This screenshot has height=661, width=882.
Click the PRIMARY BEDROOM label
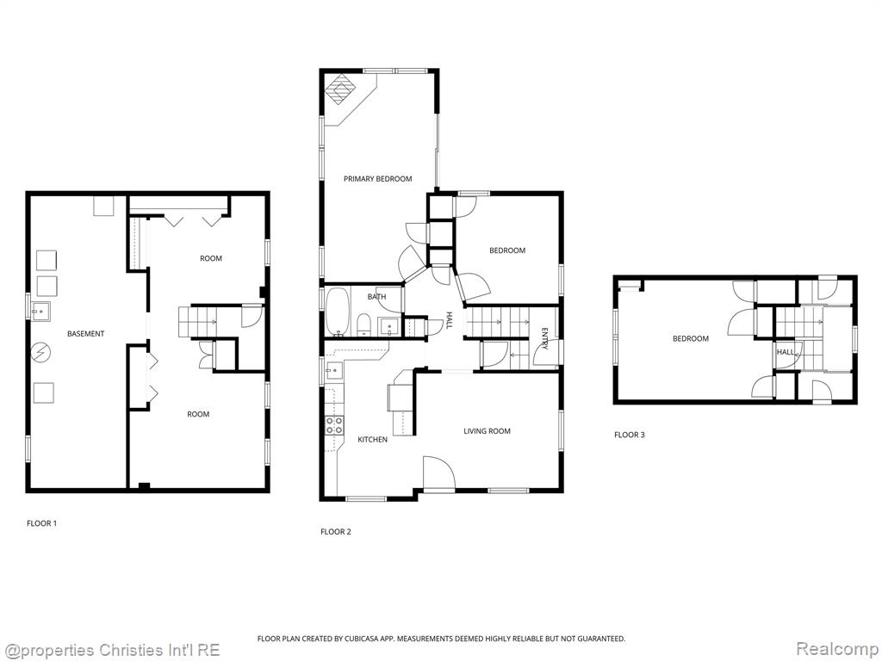pos(377,179)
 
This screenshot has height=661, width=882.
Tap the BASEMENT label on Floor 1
pos(85,333)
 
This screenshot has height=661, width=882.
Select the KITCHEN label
pos(372,440)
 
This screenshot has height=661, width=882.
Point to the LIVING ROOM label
pos(488,431)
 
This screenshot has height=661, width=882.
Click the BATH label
pos(376,297)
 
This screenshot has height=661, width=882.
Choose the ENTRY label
pos(544,338)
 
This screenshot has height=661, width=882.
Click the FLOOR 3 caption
pos(630,435)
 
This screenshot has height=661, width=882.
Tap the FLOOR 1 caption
pos(41,523)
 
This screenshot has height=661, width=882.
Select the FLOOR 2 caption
pos(336,532)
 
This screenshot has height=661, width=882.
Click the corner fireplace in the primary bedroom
pos(339,90)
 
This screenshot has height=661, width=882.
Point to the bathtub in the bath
pos(338,312)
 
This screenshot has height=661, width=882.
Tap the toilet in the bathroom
pos(363,324)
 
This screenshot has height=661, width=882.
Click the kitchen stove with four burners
pos(334,425)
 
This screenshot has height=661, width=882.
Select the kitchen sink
pos(334,370)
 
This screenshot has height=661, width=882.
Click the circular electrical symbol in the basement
pos(41,352)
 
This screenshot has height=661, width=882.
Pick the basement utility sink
pos(40,311)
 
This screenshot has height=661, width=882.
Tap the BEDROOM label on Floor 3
pos(691,338)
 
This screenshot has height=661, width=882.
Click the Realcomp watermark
pos(837,649)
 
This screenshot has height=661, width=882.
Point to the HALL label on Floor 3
pos(786,352)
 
